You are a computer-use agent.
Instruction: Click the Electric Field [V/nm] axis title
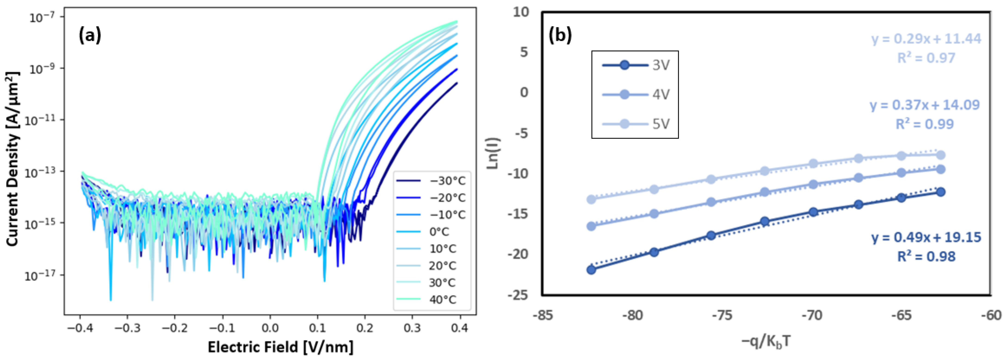point(280,347)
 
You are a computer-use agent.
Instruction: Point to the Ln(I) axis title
point(494,153)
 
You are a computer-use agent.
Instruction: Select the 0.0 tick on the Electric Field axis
point(270,328)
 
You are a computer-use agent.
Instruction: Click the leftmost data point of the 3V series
point(591,269)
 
